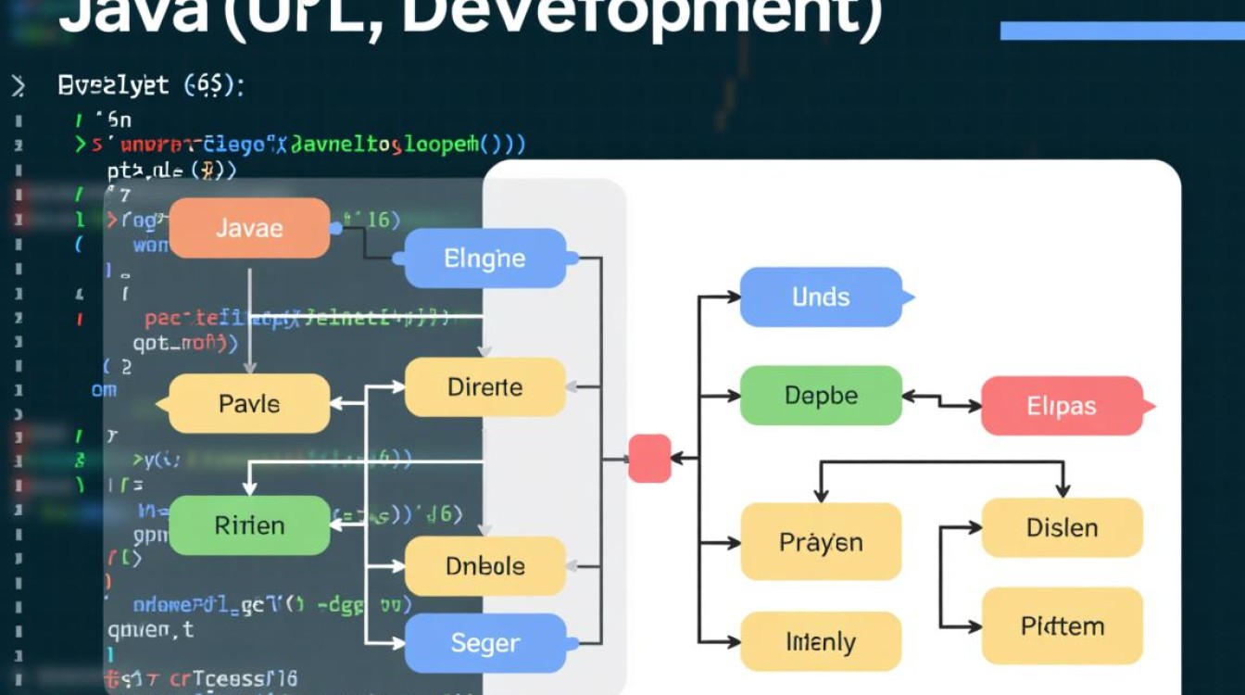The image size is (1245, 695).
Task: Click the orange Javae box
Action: tap(249, 228)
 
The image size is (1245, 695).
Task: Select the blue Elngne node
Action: tap(484, 259)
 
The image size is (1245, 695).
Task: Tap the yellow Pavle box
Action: tap(249, 404)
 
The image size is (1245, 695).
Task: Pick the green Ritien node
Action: tap(249, 525)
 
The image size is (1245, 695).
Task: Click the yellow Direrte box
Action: tap(484, 387)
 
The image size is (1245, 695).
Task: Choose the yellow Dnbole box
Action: tap(484, 565)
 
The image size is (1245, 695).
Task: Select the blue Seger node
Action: tap(484, 642)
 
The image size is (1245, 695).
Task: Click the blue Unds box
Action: tap(821, 297)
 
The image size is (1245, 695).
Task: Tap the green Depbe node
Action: tap(821, 396)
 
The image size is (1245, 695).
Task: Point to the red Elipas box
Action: tap(1062, 406)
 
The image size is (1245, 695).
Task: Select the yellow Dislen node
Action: tap(1062, 527)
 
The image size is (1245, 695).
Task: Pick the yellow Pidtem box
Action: tap(1062, 626)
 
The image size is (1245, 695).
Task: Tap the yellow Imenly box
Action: tap(821, 641)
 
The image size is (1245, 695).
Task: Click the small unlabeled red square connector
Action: tap(649, 458)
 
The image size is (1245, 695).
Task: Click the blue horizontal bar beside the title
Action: tap(1121, 31)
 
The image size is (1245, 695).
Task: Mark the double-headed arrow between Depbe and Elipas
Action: tap(941, 401)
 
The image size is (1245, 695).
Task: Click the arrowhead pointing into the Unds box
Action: tap(733, 297)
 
